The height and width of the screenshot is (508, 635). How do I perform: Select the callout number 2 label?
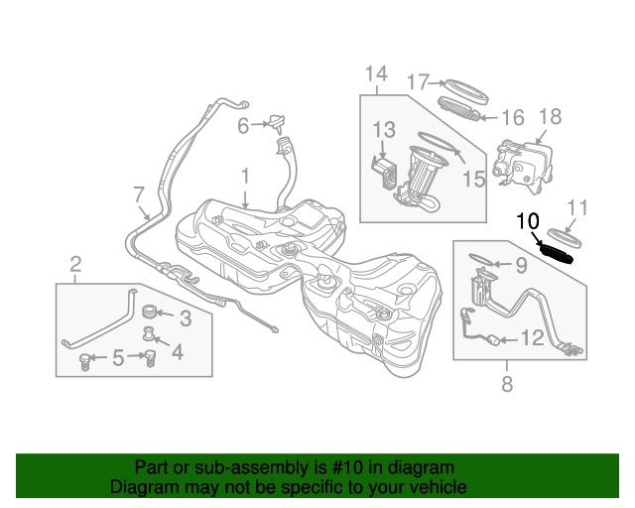pos(75,264)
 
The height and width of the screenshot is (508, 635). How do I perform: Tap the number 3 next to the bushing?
pos(186,317)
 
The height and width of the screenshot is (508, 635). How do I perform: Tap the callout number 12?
pos(532,339)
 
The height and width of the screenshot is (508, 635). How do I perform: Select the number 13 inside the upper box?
pos(383,129)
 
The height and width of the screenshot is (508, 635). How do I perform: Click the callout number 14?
pos(375,73)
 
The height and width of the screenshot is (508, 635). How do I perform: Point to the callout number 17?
pos(419,81)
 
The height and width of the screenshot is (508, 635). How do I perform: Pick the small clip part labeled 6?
pos(276,123)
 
